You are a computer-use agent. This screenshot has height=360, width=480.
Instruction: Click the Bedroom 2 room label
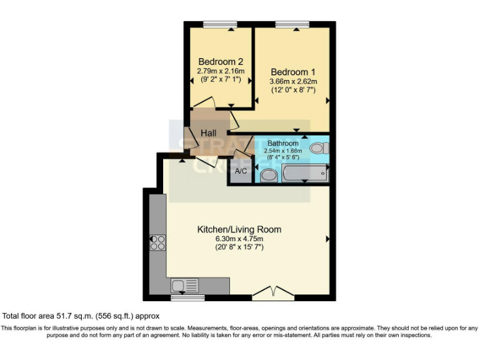coord(220,62)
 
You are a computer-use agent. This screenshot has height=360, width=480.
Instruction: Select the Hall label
coord(208,133)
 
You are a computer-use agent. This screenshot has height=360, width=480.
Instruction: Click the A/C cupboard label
coord(241,171)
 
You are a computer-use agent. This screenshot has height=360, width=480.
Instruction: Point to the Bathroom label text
coord(283,144)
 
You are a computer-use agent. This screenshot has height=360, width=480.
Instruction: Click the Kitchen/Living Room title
coord(239,229)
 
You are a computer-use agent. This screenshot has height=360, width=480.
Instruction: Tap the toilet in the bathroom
coord(320,149)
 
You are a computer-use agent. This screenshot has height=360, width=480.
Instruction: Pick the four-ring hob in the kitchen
coord(157,242)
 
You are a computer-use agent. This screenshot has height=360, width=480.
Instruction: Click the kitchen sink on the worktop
coord(186,286)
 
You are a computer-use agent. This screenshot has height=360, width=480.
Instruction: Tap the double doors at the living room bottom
coord(272,293)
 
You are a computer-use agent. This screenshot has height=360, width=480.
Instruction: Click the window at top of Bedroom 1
coord(292,24)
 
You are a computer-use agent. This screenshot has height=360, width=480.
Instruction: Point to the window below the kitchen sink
coord(187,297)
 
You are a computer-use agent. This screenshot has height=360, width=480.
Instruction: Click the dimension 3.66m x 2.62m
coord(293,81)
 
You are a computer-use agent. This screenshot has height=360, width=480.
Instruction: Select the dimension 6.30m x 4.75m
coord(239,239)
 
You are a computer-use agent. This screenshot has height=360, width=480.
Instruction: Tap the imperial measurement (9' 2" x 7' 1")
coord(220,80)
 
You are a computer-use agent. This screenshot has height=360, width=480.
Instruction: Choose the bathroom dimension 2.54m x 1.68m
coord(283,151)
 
